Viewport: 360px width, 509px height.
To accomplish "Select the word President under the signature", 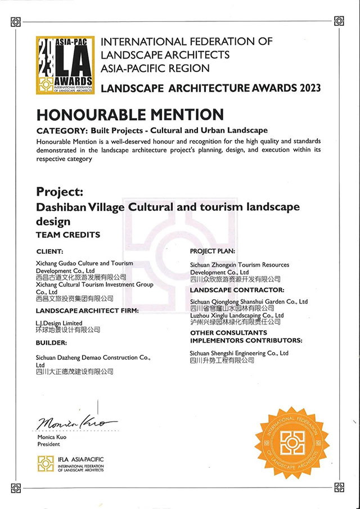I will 49,443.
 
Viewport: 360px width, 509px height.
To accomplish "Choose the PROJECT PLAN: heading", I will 213,251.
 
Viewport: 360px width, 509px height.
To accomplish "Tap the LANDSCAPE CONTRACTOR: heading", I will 237,290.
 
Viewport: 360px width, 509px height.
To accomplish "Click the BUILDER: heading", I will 51,342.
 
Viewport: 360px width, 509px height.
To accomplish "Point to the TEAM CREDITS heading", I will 68,235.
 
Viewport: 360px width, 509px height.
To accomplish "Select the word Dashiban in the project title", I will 61,207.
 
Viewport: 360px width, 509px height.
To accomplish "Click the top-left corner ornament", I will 16,21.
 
